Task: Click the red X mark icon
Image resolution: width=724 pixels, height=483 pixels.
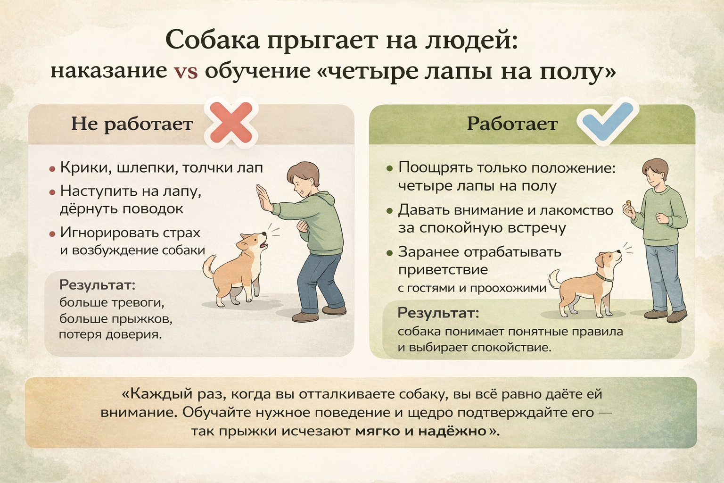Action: tap(231, 123)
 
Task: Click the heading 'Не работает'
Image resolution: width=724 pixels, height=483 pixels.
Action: tap(132, 124)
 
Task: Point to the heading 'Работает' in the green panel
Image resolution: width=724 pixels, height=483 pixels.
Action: tap(512, 124)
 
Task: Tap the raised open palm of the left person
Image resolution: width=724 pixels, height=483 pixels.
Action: tap(264, 198)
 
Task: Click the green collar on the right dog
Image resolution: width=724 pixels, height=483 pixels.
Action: tap(604, 277)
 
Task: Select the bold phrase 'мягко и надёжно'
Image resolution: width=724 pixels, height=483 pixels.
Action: tap(421, 431)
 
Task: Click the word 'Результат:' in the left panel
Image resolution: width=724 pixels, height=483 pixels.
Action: tap(97, 285)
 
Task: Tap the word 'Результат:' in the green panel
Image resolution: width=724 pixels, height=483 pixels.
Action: tap(438, 313)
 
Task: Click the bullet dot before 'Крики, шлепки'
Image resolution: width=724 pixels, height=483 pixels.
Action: tap(52, 169)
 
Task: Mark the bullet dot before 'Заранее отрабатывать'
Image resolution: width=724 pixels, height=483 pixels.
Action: tap(389, 253)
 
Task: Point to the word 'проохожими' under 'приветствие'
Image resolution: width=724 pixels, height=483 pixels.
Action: tap(508, 288)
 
